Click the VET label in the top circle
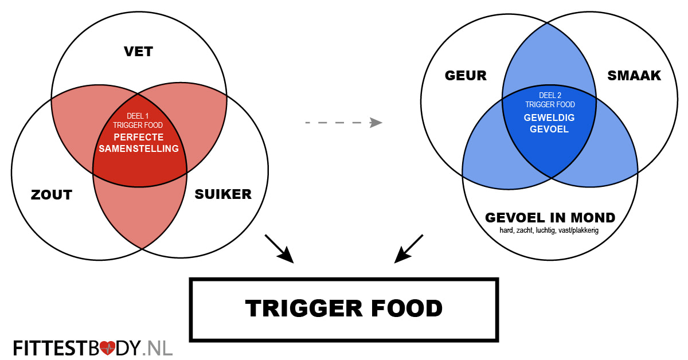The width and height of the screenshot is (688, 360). (138, 52)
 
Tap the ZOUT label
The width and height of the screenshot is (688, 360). (52, 195)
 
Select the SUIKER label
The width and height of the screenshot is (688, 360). (223, 194)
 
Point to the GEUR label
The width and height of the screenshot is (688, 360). (466, 75)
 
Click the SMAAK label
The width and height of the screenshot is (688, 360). (634, 75)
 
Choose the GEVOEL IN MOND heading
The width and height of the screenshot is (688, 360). (550, 218)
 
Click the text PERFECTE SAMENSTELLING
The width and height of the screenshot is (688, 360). (139, 143)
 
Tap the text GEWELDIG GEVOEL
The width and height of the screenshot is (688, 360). (549, 123)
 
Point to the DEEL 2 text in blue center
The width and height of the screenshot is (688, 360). (549, 95)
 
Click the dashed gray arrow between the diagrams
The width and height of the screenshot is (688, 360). (343, 122)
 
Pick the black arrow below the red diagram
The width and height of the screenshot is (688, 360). (279, 249)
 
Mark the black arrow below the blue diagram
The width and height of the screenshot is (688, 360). (409, 249)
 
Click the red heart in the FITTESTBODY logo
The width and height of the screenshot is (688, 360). (107, 347)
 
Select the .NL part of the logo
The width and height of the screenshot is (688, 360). (158, 347)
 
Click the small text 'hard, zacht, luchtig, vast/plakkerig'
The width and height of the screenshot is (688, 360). (550, 231)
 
